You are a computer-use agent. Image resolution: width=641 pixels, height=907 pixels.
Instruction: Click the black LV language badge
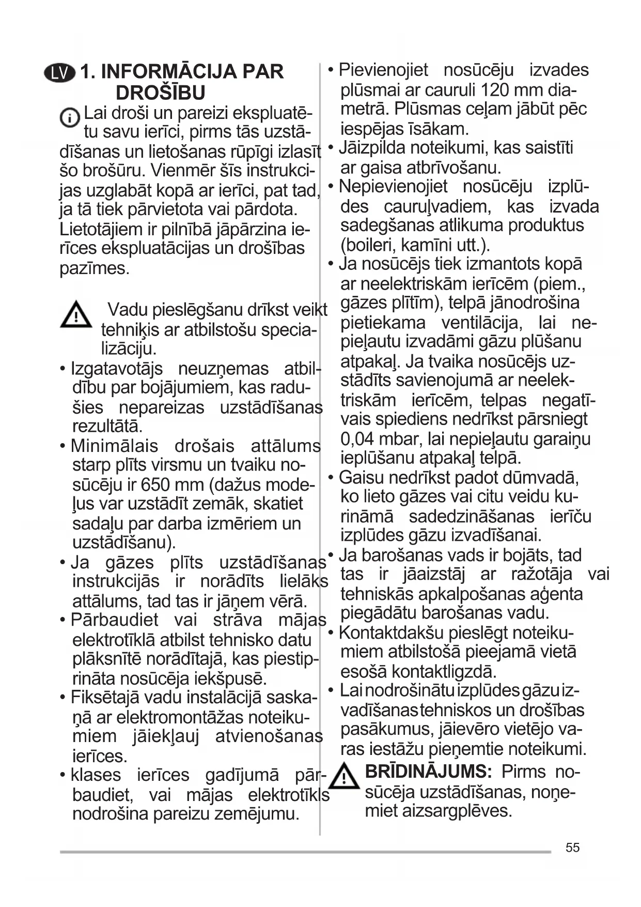60,73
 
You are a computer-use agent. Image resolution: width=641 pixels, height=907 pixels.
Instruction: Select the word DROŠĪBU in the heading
161,93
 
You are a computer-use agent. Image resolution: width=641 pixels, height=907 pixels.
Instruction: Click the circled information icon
69,118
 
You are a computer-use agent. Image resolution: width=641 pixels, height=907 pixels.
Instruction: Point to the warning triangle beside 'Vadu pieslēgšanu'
76,314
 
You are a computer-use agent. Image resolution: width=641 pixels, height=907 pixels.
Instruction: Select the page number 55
572,848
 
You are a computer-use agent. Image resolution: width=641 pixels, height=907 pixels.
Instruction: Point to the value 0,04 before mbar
357,439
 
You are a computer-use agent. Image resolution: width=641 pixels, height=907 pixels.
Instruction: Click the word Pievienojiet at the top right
383,70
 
